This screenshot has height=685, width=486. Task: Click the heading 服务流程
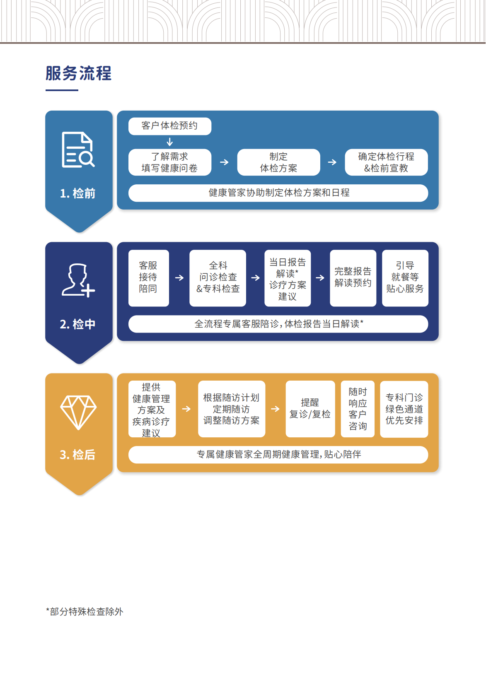[79, 73]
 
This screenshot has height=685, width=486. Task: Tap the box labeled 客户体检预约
[170, 126]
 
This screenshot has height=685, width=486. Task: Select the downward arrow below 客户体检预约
[170, 142]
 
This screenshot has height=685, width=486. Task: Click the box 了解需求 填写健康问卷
[170, 162]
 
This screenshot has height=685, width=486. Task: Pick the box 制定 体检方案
[279, 162]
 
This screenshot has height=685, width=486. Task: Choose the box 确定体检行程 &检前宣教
[386, 162]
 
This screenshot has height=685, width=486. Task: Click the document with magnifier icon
[78, 150]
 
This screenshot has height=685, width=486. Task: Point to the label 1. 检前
[78, 193]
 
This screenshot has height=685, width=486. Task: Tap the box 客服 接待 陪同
[149, 278]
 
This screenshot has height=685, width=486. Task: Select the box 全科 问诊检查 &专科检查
[218, 278]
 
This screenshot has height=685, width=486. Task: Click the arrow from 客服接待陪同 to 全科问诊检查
[179, 277]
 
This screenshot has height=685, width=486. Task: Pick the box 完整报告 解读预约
[353, 278]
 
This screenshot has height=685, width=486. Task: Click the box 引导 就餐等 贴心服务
[405, 278]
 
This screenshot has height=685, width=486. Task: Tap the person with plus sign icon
[78, 280]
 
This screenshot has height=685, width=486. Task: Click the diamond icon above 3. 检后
[78, 412]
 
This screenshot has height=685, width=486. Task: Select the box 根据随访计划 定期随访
[232, 409]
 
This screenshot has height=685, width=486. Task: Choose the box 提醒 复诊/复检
[310, 409]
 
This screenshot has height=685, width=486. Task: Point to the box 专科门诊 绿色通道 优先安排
[404, 409]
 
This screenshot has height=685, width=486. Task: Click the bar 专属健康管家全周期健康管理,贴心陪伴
[278, 455]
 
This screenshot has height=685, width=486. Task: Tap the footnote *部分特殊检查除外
[85, 612]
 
